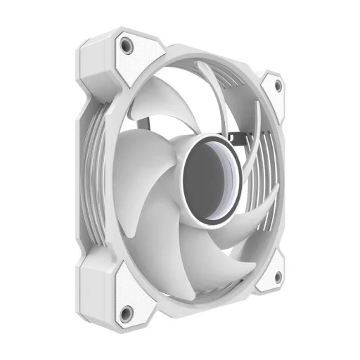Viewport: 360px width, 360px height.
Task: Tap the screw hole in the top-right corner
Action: click(277, 84)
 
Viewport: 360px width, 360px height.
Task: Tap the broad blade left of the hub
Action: click(144, 183)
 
